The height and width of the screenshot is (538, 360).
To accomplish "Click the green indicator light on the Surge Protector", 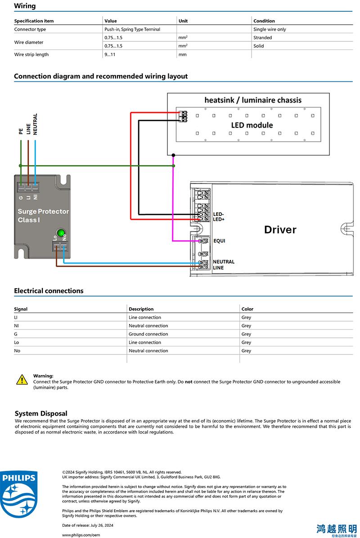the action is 61,233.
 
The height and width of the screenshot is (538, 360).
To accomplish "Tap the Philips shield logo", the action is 19,494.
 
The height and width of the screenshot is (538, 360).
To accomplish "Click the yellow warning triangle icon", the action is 22,380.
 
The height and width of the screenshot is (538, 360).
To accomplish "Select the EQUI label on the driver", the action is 219,241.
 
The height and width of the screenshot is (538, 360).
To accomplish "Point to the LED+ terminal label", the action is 219,219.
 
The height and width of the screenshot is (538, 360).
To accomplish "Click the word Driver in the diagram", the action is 280,229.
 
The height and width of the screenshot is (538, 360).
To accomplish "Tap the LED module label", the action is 252,125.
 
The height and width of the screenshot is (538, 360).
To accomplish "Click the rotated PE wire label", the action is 21,131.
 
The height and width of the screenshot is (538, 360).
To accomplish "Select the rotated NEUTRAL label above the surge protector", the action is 35,124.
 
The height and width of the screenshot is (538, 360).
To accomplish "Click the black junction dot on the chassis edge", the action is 173,155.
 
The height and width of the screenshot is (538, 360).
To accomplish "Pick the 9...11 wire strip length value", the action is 110,54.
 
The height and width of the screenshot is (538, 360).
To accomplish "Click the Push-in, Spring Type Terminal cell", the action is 132,30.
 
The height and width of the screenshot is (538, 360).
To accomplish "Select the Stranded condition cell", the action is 262,38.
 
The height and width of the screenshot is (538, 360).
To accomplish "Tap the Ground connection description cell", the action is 148,334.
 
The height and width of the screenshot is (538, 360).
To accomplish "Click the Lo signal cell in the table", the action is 17,342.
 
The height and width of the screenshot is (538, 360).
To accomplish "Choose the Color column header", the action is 247,309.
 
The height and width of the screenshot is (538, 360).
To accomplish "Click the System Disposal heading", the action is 41,413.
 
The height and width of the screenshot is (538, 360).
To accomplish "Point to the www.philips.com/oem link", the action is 81,535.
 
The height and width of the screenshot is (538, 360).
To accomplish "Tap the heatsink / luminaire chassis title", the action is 253,100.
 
